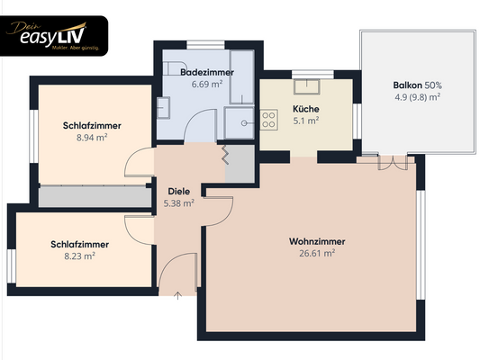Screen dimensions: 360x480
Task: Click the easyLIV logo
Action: tap(56, 35)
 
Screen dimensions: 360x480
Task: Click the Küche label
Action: tap(306, 109)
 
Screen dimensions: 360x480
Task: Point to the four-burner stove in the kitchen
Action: tap(268, 118)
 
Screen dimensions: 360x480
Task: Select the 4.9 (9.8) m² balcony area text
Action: tap(416, 96)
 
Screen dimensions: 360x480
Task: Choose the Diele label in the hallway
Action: tap(178, 191)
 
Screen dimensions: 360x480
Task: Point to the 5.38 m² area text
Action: tap(178, 203)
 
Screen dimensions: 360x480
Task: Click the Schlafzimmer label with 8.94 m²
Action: tap(93, 126)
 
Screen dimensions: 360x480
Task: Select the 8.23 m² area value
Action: tap(80, 256)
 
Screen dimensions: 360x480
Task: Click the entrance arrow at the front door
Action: tap(177, 295)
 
